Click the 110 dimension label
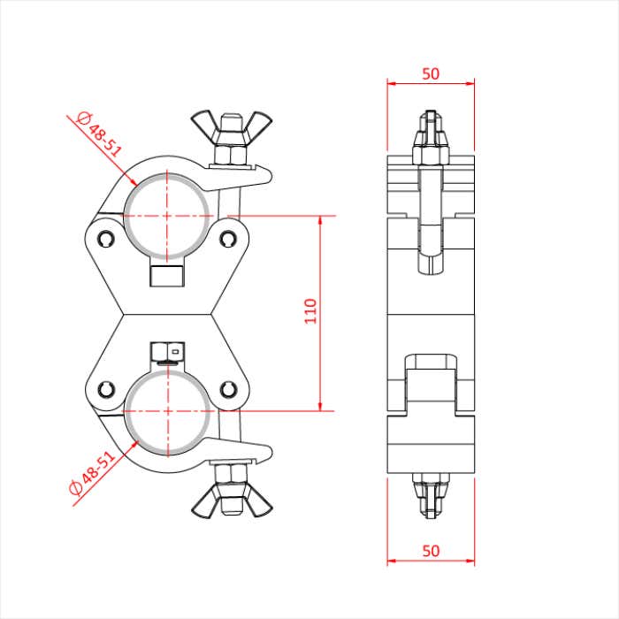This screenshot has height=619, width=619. point(310,311)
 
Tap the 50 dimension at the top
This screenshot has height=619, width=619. point(431,74)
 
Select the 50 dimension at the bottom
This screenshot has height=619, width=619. point(431,550)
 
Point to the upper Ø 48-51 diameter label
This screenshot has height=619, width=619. point(98,133)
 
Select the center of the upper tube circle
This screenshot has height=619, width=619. point(167,215)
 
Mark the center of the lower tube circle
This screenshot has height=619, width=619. point(167,411)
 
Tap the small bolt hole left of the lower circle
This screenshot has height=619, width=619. point(106,389)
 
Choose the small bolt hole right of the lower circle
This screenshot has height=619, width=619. point(229,389)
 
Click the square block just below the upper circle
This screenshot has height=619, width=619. point(167,274)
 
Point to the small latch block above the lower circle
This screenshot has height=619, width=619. point(165,353)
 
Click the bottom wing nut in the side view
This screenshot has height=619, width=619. point(431,495)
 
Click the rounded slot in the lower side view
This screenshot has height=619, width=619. point(431,363)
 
